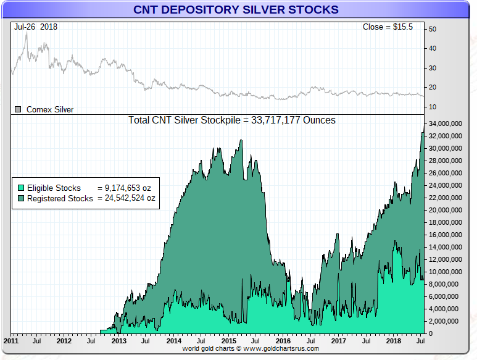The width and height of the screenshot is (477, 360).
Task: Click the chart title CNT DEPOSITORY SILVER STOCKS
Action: (x=236, y=10)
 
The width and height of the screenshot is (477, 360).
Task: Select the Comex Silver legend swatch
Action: (x=18, y=109)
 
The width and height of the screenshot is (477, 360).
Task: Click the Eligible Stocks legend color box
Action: (x=20, y=188)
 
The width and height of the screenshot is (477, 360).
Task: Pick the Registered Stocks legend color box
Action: (x=20, y=198)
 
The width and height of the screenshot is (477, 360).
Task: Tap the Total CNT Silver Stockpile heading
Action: (x=232, y=120)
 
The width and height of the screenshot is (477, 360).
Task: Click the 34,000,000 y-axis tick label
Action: (x=449, y=124)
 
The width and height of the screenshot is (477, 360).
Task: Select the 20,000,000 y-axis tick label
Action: (x=449, y=210)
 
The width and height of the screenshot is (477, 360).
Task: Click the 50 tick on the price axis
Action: (x=433, y=29)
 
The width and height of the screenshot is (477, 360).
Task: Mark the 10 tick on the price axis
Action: (x=433, y=107)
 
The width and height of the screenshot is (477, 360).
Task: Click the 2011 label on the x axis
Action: (x=10, y=340)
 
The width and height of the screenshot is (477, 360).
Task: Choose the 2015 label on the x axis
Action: (x=228, y=340)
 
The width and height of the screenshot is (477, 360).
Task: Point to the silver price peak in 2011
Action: (x=27, y=32)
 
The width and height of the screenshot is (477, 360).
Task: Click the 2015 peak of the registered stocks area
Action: (x=241, y=140)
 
